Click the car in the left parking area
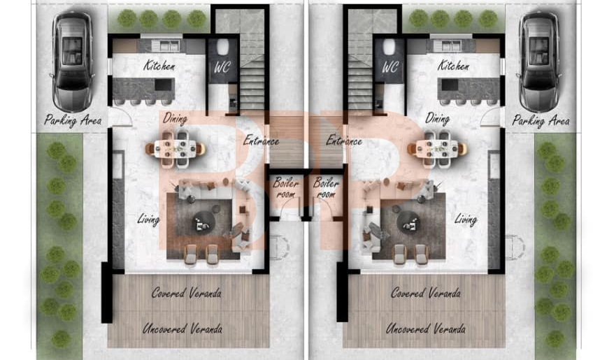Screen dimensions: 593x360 [x=72, y=62]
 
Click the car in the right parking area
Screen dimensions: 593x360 [x=538, y=62]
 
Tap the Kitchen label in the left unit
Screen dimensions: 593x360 [x=159, y=66]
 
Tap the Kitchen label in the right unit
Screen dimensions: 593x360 [x=453, y=66]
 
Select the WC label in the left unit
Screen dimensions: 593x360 [x=222, y=67]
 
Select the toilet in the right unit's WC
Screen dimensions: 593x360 [x=389, y=46]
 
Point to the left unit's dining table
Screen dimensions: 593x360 [x=175, y=149]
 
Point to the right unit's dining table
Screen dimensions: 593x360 [x=437, y=149]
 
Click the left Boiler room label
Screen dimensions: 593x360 [x=286, y=188]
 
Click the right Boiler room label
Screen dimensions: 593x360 [x=326, y=188]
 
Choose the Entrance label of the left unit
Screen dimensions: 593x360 [x=262, y=141]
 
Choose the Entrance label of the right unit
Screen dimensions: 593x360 [x=344, y=141]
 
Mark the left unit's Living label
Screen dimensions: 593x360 [x=148, y=219]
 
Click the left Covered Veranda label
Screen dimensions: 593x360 [x=187, y=293]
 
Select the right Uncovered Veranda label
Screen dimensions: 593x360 [x=425, y=329]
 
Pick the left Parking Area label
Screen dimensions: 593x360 [x=73, y=121]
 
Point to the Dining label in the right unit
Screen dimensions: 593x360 [x=438, y=118]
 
